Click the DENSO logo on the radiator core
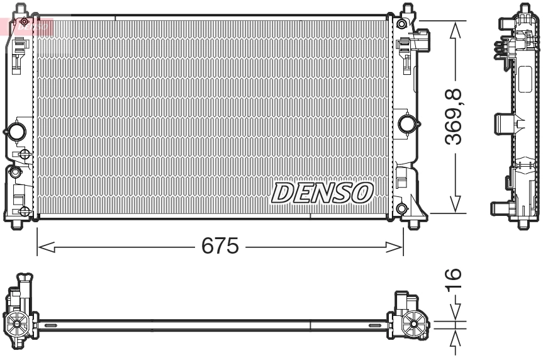click(322, 192)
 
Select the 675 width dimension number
click(220, 246)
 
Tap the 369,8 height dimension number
click(455, 117)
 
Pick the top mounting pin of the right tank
click(407, 9)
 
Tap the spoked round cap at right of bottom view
click(415, 324)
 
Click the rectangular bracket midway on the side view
click(505, 123)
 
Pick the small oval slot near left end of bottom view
click(51, 325)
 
